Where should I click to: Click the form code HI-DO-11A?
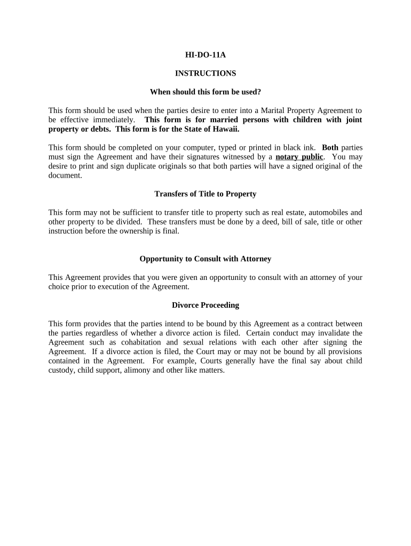[x=205, y=54]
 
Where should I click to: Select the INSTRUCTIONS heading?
[x=205, y=73]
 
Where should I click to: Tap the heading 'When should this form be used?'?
[x=205, y=92]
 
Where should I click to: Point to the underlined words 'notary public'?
[x=299, y=157]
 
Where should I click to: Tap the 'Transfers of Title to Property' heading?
[x=205, y=194]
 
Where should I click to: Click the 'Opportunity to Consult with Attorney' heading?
[x=205, y=259]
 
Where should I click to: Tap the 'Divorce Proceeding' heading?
[x=205, y=305]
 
